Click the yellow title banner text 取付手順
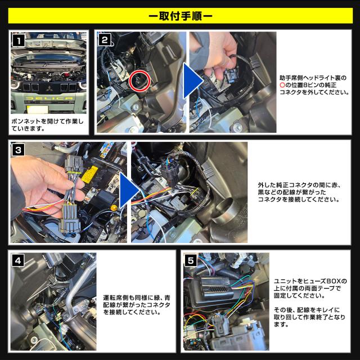click(x=181, y=16)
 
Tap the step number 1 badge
click(x=19, y=41)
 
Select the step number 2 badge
click(x=105, y=40)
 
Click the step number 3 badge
click(x=18, y=150)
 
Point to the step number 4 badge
click(x=17, y=260)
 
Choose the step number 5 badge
click(x=191, y=260)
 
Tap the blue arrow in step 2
click(x=193, y=81)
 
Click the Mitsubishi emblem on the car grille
click(x=49, y=88)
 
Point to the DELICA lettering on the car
click(x=49, y=98)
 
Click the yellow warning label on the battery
click(x=89, y=174)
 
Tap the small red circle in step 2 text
click(x=282, y=85)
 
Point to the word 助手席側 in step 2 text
click(x=290, y=78)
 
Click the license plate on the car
click(x=38, y=109)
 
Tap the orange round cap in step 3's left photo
click(x=114, y=208)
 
